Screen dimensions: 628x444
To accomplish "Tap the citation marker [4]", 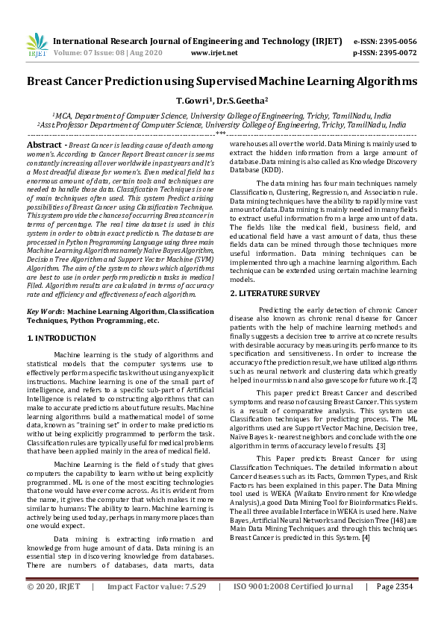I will (366, 537).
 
